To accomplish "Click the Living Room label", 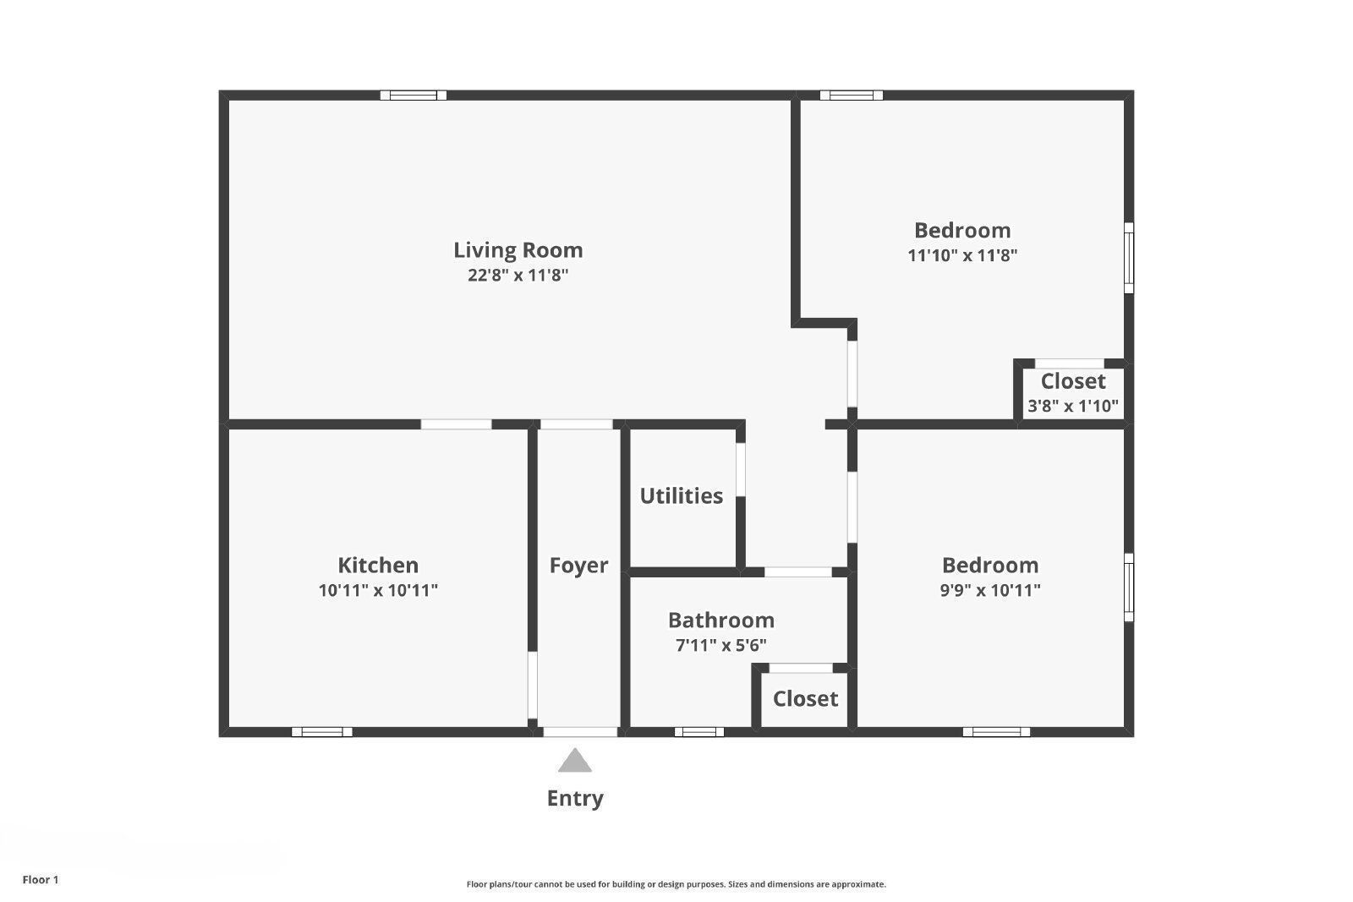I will click(x=518, y=250).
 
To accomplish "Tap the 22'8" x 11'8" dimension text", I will click(x=518, y=276).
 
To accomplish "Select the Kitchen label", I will click(x=378, y=566).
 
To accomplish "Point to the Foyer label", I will click(x=578, y=566).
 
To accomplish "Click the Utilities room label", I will click(x=681, y=496).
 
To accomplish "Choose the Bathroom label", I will click(x=720, y=620).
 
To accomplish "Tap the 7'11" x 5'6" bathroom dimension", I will click(x=720, y=646).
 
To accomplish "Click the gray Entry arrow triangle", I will click(x=575, y=761).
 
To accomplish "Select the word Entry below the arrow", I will click(x=575, y=799).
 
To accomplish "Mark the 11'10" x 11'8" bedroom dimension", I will click(x=962, y=255).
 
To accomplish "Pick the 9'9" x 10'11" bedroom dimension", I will click(x=990, y=590).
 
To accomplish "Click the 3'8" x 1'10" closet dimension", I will click(x=1072, y=406).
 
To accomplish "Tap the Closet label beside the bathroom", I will click(x=805, y=699).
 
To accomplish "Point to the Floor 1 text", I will click(x=41, y=880).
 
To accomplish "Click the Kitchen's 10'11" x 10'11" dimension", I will click(x=378, y=590).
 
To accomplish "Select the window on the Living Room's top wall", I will click(x=413, y=96).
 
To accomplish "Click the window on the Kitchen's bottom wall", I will click(x=322, y=732).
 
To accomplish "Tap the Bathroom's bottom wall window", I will click(x=699, y=732).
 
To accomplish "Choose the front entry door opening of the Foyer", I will click(x=580, y=732).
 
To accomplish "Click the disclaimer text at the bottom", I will click(x=676, y=884).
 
